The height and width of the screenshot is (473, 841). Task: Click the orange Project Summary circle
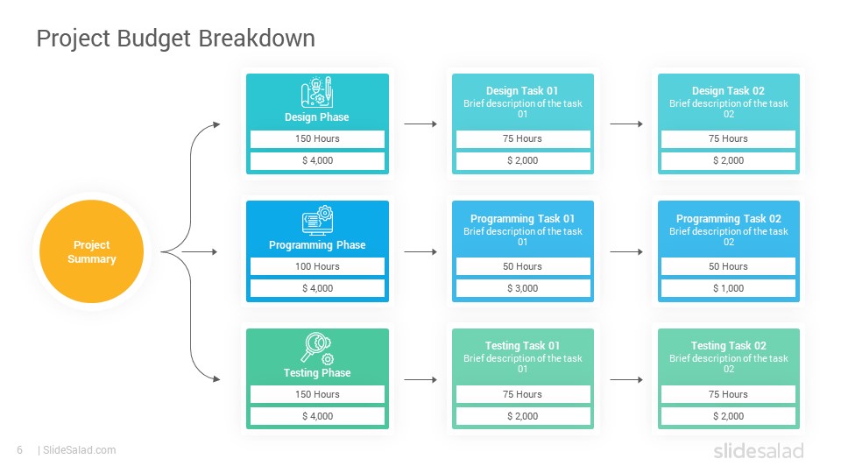[x=92, y=251]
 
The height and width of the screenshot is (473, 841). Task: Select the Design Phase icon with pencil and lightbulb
[x=317, y=92]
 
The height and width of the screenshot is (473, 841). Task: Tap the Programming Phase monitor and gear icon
[x=317, y=220]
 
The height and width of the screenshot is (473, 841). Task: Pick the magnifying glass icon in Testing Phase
[x=317, y=348]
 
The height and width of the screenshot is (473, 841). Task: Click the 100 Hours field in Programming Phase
[x=317, y=266]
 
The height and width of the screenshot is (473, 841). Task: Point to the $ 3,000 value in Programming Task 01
[x=523, y=288]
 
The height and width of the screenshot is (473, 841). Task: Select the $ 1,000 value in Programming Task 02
[x=728, y=288]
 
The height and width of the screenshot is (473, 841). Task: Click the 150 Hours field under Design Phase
[x=317, y=139]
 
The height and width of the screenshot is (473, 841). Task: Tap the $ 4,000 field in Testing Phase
[x=317, y=416]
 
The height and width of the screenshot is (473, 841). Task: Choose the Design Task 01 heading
[x=522, y=90]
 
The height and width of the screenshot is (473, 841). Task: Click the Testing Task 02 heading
[x=728, y=346]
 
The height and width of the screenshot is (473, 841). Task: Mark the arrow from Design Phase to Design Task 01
[x=420, y=124]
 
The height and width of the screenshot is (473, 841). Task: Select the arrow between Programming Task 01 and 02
[x=626, y=251]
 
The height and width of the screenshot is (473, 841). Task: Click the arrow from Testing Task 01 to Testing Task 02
[x=626, y=379]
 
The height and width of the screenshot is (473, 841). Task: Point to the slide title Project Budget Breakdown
[x=176, y=39]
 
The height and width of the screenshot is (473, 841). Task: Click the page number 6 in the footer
[x=20, y=450]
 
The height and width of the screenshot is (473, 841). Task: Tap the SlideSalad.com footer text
[x=80, y=450]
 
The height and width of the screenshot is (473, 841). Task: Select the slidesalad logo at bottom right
[x=759, y=450]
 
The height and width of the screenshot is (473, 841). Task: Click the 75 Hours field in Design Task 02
[x=728, y=139]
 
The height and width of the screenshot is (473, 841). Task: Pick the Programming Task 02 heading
[x=728, y=219]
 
